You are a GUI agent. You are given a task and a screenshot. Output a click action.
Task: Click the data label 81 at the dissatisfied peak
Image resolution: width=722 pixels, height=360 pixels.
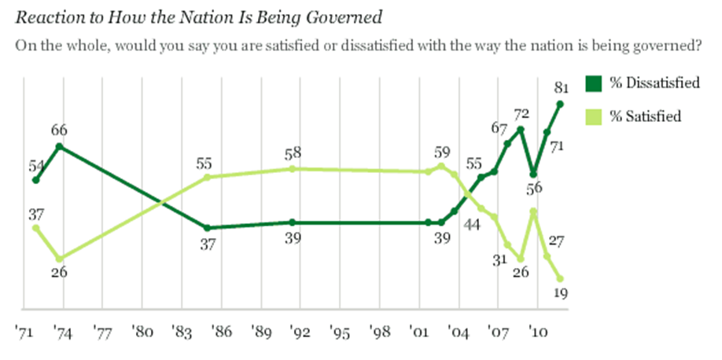560,86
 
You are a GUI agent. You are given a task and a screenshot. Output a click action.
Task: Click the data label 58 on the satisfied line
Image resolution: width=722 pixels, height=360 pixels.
293,152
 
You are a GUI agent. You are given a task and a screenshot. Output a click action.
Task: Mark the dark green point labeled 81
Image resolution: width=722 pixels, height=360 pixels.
560,103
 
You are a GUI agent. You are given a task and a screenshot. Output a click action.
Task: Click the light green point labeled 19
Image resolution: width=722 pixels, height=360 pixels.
560,277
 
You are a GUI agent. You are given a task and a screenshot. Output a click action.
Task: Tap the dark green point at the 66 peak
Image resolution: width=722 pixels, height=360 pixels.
61,146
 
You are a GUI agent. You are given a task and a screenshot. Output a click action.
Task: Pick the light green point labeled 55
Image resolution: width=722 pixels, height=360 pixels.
207,177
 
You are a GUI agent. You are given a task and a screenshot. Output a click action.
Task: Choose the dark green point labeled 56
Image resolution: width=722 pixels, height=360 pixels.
534,174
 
